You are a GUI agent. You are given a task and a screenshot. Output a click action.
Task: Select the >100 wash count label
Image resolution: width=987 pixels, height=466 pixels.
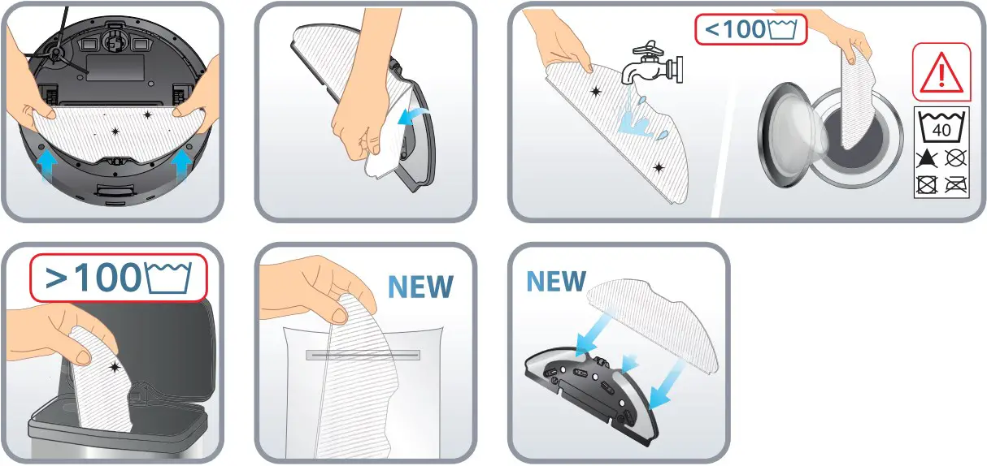118,278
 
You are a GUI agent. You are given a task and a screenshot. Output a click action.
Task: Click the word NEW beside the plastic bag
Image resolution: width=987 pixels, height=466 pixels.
420,286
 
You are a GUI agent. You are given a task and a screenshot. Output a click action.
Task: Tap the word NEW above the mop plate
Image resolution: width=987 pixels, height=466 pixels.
555,281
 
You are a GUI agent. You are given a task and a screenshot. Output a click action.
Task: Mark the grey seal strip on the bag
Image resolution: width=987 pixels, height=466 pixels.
362,355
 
